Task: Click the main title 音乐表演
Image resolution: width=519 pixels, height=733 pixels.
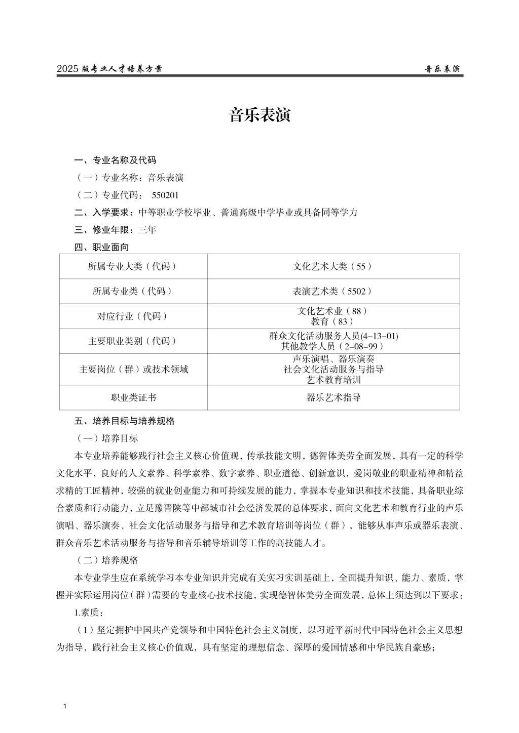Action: point(259,115)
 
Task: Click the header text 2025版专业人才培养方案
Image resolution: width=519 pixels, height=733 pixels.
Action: point(109,69)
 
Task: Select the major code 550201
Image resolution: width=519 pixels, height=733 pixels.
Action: point(165,195)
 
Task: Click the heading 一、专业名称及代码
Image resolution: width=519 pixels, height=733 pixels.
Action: point(115,160)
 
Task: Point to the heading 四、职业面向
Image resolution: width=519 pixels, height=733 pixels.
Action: point(101,247)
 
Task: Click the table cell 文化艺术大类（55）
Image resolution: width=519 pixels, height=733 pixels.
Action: point(332,266)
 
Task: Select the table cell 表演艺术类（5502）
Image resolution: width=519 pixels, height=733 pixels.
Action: point(332,291)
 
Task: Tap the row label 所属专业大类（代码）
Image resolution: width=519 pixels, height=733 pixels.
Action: point(133,266)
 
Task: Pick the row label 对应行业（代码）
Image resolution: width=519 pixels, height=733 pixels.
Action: point(133,316)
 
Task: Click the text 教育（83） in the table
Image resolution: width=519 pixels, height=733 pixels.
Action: point(332,321)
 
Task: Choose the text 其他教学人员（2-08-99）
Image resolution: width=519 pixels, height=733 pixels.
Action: point(332,346)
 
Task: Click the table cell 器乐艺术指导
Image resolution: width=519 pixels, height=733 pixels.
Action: point(333,398)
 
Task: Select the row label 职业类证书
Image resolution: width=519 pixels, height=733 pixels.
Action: point(133,398)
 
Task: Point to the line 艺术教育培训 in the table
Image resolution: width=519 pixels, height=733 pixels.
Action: point(333,379)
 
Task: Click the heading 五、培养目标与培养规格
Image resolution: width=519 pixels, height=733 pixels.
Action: point(124,421)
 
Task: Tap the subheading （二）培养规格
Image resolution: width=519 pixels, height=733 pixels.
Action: point(106,560)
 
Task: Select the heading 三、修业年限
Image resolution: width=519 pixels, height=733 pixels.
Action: point(105,230)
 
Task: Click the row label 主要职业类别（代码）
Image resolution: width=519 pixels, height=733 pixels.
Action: point(133,341)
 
